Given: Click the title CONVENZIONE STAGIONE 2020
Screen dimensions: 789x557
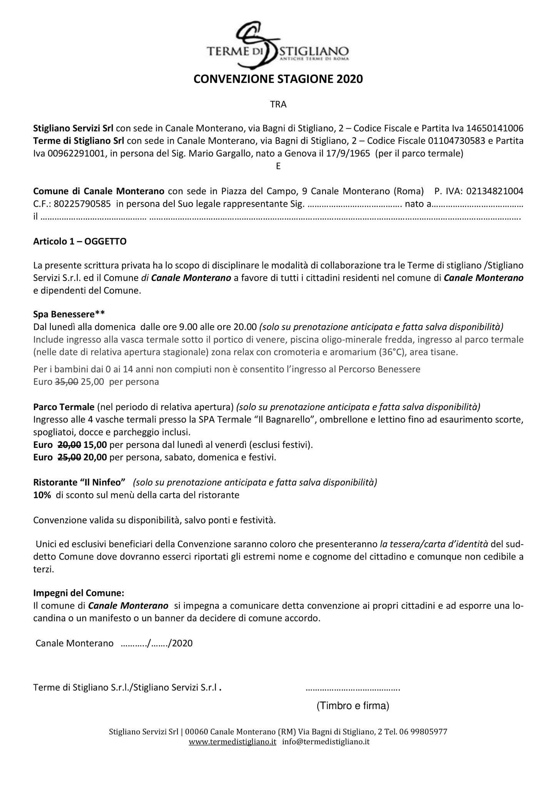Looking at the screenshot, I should click(278, 79).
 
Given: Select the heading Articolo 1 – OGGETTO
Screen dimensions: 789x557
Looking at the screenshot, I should click(80, 242).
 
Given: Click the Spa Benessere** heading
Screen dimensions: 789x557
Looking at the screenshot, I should click(69, 314).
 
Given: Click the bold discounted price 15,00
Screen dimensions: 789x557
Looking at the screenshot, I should click(95, 445).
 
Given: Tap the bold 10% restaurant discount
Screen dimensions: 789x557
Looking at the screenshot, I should click(42, 495).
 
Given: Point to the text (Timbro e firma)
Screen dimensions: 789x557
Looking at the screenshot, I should click(353, 706).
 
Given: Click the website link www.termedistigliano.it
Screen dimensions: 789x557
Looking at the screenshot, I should click(232, 742).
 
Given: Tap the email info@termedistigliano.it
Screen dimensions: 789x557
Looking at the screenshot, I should click(326, 742).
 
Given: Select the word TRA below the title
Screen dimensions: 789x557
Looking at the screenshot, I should click(278, 104).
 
